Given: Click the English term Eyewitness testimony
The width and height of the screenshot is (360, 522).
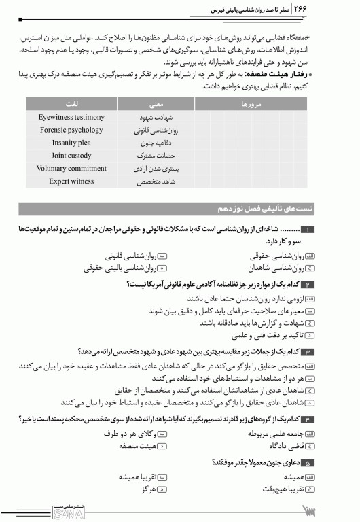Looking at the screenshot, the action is (x=71, y=117).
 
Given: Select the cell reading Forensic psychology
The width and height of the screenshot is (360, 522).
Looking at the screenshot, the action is (x=71, y=130).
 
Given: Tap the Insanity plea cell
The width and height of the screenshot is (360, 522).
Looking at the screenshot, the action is (x=71, y=143).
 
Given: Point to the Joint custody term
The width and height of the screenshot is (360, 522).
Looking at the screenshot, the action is (x=71, y=156).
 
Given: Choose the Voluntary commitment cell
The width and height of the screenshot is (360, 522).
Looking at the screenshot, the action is (x=71, y=169).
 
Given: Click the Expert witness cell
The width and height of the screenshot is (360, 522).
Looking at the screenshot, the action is (x=71, y=181).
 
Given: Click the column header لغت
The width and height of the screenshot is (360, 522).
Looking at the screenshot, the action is (x=71, y=103).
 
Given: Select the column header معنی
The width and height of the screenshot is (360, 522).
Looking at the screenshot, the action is (x=156, y=103).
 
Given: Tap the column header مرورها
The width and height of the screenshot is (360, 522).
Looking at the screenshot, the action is (x=258, y=103).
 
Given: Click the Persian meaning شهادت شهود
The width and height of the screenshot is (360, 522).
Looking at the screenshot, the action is (x=156, y=117).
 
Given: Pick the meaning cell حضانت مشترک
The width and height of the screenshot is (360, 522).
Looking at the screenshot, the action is (x=156, y=156).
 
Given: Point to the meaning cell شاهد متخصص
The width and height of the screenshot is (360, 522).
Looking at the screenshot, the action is (x=156, y=181).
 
